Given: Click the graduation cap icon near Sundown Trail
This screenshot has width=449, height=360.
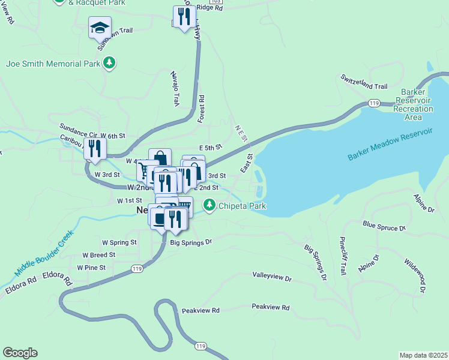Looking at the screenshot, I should tap(100, 28).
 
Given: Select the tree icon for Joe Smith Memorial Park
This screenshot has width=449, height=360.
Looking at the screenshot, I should tap(109, 62).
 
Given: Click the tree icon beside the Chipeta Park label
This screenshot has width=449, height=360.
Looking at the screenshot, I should tap(209, 206).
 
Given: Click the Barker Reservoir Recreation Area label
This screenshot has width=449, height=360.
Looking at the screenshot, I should tap(414, 104).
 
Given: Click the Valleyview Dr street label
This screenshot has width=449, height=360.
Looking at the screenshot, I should tap(271, 278).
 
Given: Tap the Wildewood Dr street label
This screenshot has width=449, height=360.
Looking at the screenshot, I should tap(415, 275).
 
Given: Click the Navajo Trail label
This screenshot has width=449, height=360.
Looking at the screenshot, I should tap(175, 88).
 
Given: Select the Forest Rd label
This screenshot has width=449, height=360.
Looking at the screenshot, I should tap(202, 109).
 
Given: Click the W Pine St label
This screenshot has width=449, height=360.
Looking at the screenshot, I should tap(91, 268).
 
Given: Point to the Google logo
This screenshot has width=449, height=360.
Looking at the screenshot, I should tap(20, 353).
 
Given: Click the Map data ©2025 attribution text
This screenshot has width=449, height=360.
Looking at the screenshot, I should tap(424, 355).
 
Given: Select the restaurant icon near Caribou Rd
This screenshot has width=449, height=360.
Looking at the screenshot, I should tap(94, 148).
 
